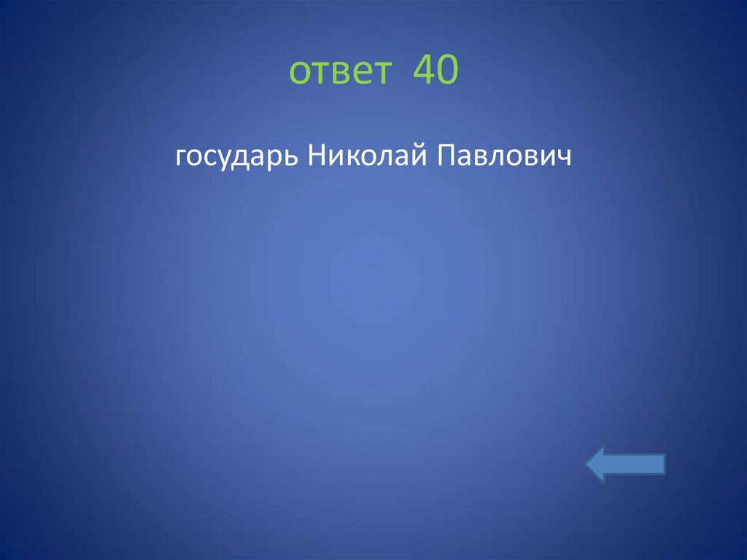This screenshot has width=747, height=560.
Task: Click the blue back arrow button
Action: pos(625,465)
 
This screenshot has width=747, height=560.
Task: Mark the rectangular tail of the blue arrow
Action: pos(642,465)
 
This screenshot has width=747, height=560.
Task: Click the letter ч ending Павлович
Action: pos(562,156)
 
